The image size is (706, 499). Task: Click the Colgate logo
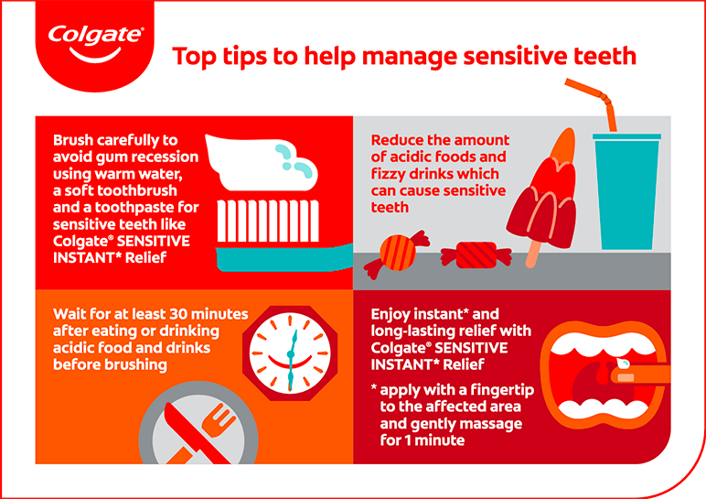coord(95,44)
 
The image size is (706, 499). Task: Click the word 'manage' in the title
coord(410,57)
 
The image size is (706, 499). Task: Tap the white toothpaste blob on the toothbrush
coord(262,162)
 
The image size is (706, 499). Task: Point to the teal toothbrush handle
coord(284,259)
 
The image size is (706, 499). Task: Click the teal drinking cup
coord(626,191)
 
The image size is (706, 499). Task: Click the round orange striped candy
coord(397,254)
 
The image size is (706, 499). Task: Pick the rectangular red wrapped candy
coord(476,255)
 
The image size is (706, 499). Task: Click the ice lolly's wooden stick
coord(532,255)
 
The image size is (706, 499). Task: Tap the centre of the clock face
coord(291,354)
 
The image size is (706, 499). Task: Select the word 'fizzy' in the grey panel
coord(390,175)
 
